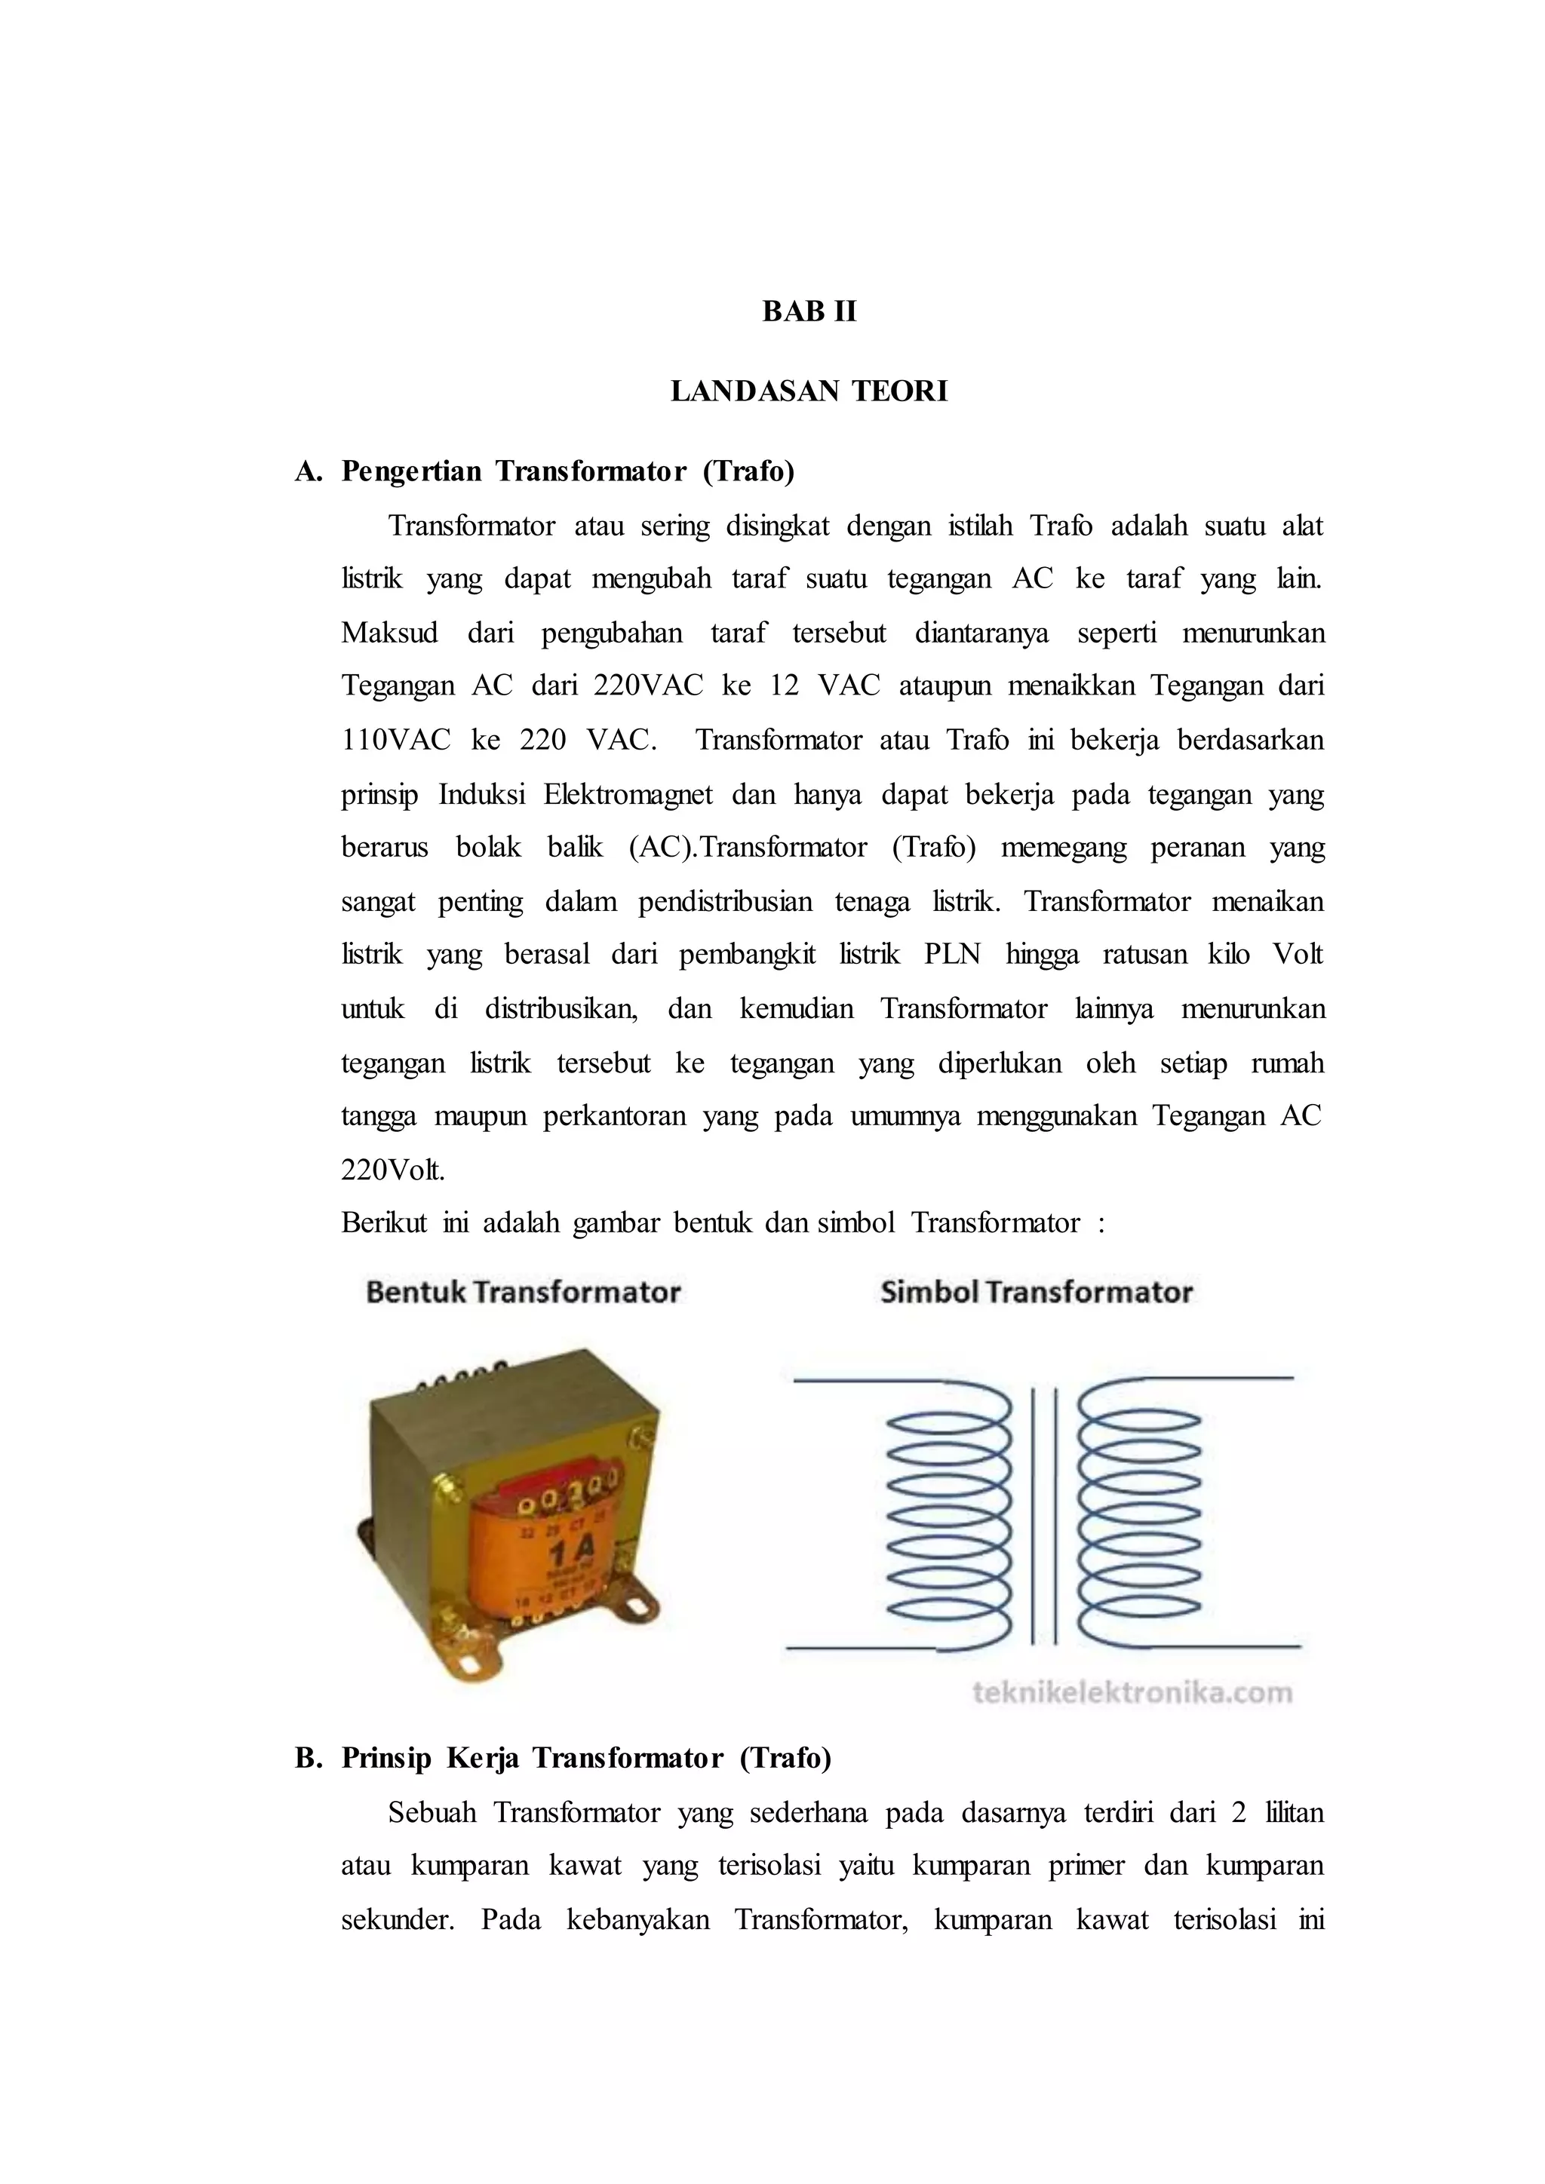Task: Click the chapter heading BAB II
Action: (809, 312)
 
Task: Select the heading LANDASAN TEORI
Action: (809, 392)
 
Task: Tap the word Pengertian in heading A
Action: (412, 472)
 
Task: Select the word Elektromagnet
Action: (627, 794)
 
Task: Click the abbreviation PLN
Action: (951, 954)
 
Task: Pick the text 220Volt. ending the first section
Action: (393, 1169)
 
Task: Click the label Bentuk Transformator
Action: (524, 1293)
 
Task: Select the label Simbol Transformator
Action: (1036, 1293)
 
